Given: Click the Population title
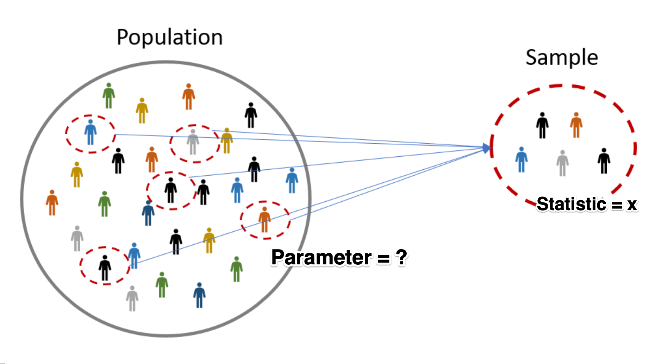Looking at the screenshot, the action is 169,38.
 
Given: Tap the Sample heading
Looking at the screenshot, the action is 562,57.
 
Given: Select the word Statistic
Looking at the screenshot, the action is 571,204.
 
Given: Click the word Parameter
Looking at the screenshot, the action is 321,257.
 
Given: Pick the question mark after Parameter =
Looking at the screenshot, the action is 401,257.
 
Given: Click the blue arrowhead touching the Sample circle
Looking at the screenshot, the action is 487,148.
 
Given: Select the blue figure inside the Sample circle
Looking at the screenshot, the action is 522,159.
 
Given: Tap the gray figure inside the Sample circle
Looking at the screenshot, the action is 562,163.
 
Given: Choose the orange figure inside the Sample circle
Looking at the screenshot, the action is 576,125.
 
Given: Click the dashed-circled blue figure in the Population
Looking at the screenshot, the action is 90,132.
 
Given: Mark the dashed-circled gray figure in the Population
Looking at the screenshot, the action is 193,142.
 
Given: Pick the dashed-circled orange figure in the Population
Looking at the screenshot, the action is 264,220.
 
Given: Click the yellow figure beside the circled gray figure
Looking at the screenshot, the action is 227,140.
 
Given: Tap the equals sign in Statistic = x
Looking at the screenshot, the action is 617,206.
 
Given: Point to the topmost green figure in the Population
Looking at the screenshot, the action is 109,95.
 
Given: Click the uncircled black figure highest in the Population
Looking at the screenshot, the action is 251,115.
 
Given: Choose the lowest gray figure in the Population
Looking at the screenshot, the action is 132,299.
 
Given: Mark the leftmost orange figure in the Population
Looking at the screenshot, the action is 52,202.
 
